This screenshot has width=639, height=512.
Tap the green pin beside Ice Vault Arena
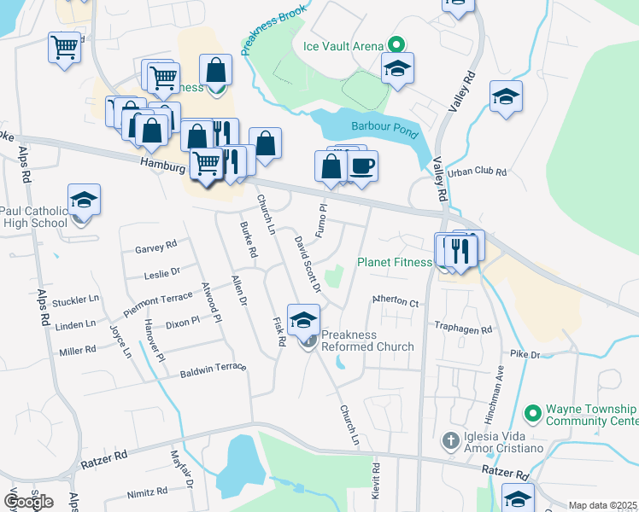click(396, 45)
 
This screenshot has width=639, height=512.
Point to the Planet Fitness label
click(395, 262)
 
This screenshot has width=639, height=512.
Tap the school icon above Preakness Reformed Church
click(302, 320)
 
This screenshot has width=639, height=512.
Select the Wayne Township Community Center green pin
click(533, 414)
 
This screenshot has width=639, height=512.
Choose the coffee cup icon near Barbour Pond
click(362, 166)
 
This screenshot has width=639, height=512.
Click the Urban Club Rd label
click(478, 172)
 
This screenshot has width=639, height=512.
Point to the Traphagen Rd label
click(464, 329)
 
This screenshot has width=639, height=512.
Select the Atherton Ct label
click(395, 302)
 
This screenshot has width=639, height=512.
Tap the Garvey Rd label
click(155, 246)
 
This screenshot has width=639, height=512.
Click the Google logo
click(28, 501)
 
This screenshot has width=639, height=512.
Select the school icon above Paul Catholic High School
click(84, 200)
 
